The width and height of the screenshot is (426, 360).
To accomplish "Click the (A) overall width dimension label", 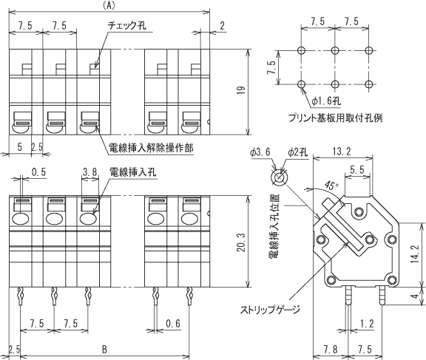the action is tap(109, 6).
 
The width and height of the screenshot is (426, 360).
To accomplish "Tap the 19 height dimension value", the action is tap(240, 90).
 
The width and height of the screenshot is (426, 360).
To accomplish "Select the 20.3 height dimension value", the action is tap(240, 242).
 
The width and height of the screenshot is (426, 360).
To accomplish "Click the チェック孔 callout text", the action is tap(127, 25).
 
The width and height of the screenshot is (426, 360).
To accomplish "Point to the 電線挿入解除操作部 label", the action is tap(151, 148).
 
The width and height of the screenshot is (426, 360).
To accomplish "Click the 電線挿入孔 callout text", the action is tap(132, 171).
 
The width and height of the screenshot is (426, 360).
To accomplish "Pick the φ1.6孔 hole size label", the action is tap(325, 101).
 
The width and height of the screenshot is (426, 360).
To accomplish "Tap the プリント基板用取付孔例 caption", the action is tap(335, 118).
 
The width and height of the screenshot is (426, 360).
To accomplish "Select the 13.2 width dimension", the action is tap(342, 152).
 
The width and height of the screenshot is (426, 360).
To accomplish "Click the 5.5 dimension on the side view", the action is tap(357, 170).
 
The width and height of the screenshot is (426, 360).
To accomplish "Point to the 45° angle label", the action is tap(331, 186).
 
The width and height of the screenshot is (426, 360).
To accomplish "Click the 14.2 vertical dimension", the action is tap(416, 254).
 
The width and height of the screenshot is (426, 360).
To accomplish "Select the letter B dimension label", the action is tap(104, 350).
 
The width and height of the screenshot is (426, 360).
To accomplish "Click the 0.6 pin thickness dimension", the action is tap(173, 324).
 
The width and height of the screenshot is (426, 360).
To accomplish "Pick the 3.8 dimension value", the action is tap(89, 171).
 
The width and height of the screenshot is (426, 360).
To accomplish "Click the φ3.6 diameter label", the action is tap(260, 152).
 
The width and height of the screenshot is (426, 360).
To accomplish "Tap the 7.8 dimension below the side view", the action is tap(331, 350).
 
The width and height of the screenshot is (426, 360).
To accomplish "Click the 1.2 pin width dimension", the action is tap(367, 324).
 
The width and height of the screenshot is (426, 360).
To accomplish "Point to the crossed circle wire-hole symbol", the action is tap(279, 178).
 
